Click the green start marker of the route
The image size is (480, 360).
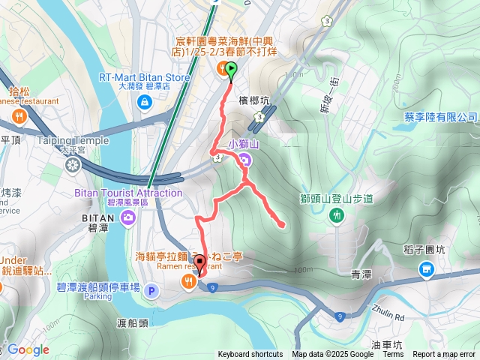click(230, 71)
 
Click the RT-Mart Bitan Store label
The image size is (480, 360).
click(144, 76)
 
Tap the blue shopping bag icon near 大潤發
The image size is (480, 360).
click(144, 102)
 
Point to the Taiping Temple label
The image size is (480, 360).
click(73, 139)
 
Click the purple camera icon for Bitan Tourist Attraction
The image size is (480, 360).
click(129, 218)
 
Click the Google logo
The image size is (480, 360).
click(28, 349)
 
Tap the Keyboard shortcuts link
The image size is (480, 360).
click(250, 355)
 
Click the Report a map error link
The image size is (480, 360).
click(444, 355)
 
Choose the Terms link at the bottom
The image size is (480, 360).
click(393, 355)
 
